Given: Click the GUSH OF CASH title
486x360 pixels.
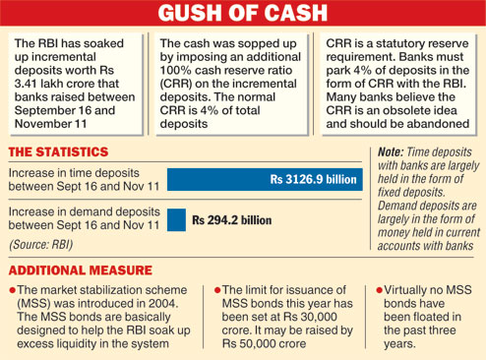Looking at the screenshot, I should pyautogui.click(x=243, y=16).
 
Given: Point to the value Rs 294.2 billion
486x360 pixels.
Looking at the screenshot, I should pyautogui.click(x=231, y=220).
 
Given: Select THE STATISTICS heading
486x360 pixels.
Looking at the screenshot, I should pyautogui.click(x=58, y=152).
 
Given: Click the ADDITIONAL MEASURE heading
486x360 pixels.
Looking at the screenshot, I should pyautogui.click(x=80, y=270).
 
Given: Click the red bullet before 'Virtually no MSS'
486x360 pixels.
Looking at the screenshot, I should pyautogui.click(x=381, y=290).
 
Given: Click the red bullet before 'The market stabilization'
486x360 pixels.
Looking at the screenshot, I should pyautogui.click(x=12, y=290).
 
